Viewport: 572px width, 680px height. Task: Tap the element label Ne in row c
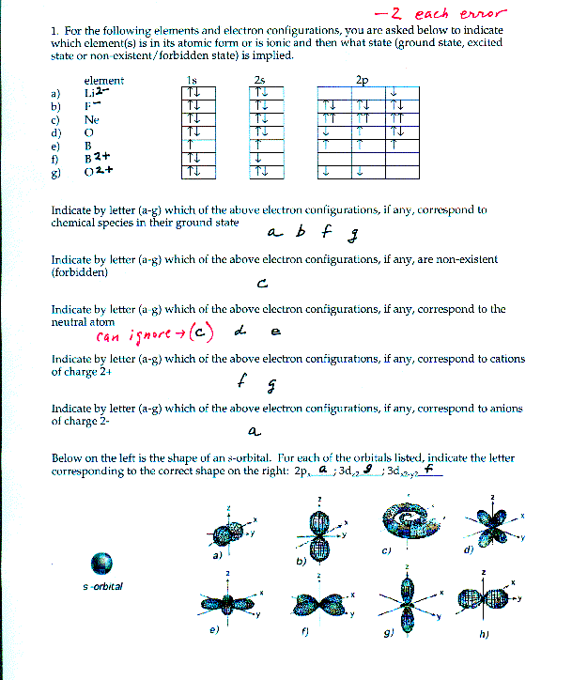[91, 119]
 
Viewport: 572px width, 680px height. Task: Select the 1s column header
[192, 81]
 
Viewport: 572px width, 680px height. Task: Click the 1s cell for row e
[193, 146]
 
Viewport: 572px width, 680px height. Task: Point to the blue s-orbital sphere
[100, 563]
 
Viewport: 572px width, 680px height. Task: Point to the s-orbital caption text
[102, 587]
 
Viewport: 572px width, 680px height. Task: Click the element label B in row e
[87, 146]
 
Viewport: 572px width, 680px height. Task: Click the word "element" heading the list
[103, 81]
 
